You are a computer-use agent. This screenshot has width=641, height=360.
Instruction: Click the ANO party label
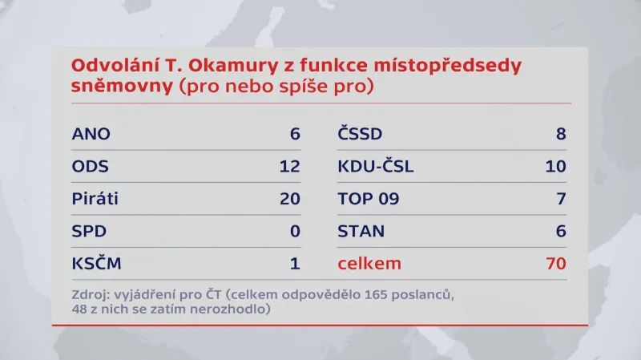click(91, 134)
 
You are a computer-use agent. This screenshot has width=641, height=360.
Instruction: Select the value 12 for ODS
click(289, 167)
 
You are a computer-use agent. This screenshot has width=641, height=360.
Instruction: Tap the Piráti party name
click(95, 199)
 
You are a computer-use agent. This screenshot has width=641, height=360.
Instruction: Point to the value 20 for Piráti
click(289, 199)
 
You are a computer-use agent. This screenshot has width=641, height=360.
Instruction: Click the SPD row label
click(89, 232)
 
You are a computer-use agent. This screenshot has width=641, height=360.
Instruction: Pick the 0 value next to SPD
click(294, 232)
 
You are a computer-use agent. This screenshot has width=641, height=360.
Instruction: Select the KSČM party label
click(96, 264)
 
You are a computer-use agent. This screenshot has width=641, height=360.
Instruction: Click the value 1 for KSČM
click(295, 264)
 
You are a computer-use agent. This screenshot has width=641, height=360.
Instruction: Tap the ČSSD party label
click(361, 134)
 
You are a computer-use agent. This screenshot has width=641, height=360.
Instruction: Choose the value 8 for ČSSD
click(561, 134)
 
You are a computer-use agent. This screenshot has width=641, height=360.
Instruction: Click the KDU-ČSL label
click(376, 167)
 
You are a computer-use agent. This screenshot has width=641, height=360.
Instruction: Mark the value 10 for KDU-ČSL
click(555, 167)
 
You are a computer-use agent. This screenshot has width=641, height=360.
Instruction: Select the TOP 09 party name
click(368, 199)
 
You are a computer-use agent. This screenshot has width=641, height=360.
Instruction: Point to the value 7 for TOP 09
click(561, 199)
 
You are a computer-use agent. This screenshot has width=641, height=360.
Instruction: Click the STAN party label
click(361, 232)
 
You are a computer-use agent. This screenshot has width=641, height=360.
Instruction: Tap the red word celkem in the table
click(369, 264)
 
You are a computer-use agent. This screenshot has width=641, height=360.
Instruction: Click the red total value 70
click(555, 264)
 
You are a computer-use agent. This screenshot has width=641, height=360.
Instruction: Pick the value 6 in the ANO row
click(294, 134)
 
